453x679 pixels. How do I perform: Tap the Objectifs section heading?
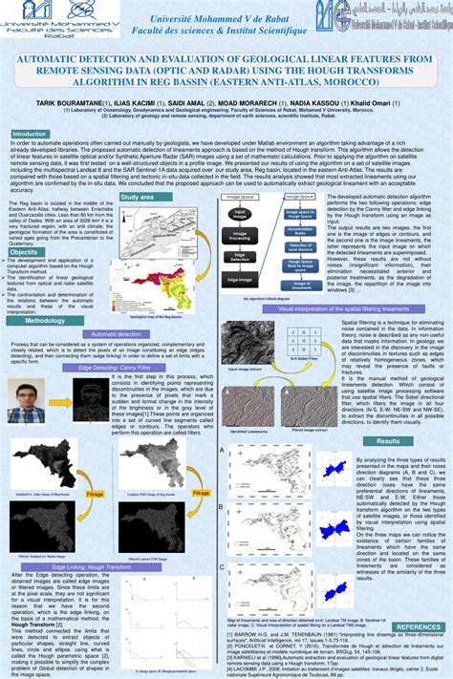pos(25,252)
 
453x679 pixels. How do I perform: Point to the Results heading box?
pos(387,441)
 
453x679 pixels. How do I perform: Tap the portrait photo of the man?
pos(28,401)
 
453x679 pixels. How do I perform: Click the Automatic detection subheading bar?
pos(116,334)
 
